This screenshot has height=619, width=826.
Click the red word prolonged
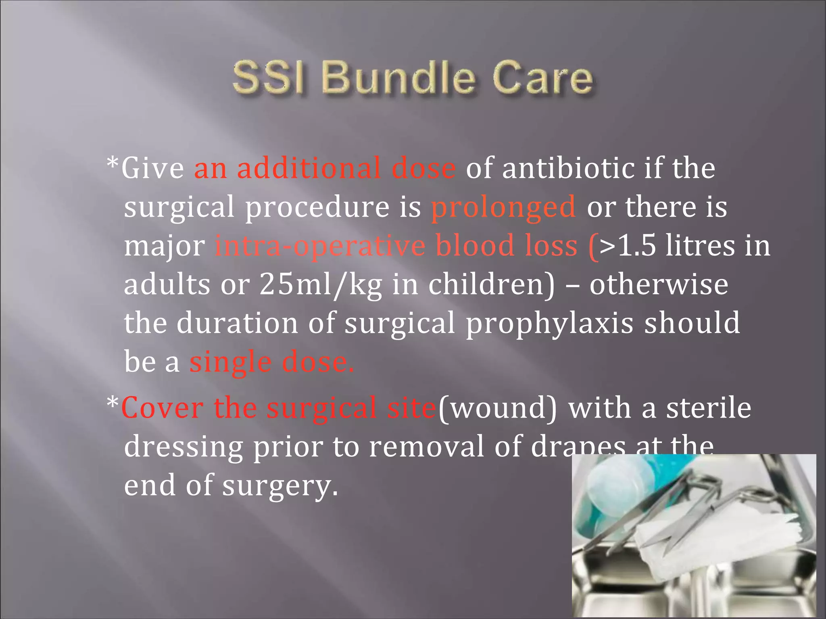click(503, 207)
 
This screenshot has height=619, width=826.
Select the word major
click(164, 245)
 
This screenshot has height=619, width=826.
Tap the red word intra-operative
click(320, 245)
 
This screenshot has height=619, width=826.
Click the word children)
click(492, 284)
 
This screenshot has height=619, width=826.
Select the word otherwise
click(659, 284)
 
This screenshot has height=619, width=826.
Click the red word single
click(230, 362)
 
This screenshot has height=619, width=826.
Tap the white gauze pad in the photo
click(710, 533)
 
